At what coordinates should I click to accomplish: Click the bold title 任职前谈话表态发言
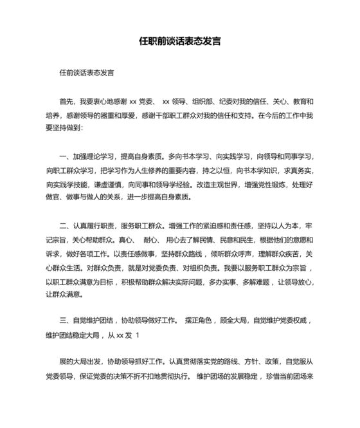pos(180,41)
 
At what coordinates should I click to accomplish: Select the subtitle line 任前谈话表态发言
pos(86,73)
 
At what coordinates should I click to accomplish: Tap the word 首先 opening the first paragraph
pos(66,101)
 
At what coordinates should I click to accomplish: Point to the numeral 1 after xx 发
pos(138,335)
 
